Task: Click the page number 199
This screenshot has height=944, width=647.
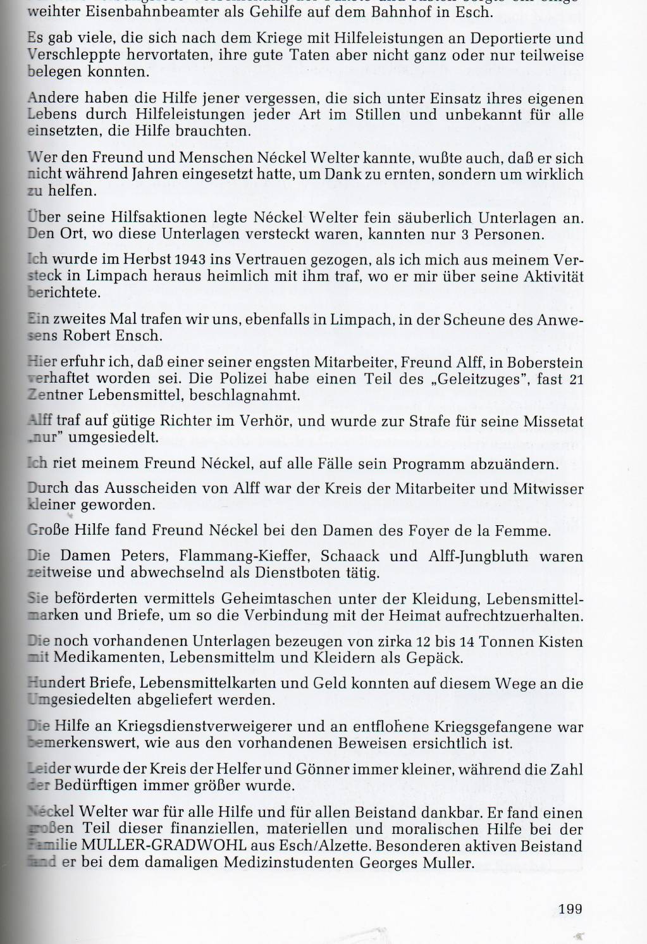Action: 570,909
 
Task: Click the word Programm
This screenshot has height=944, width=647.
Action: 428,464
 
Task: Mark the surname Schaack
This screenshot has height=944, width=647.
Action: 350,557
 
